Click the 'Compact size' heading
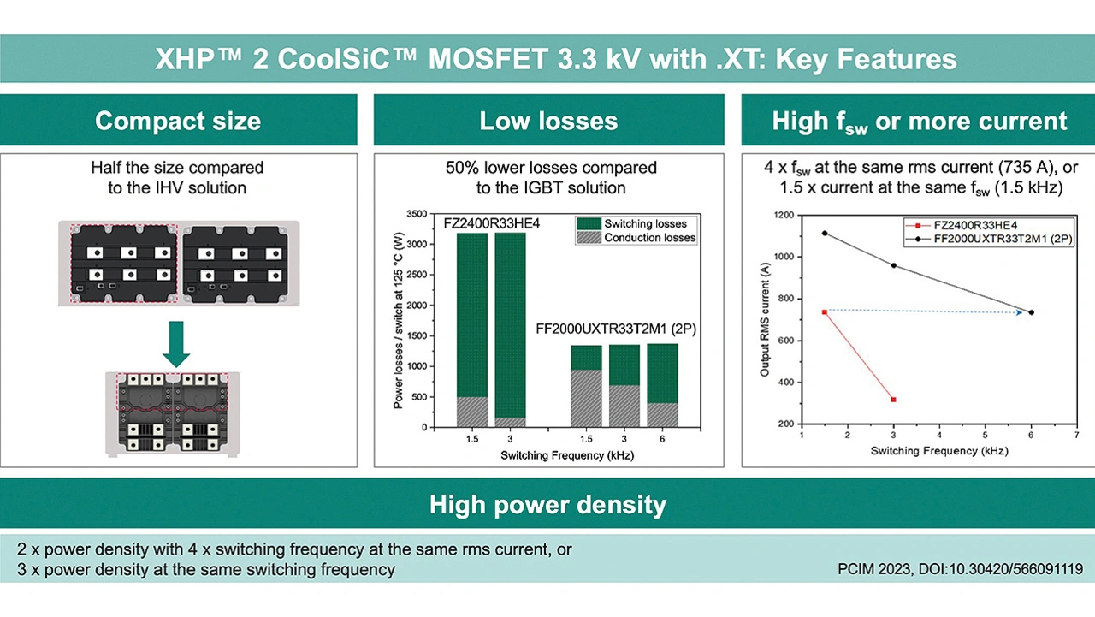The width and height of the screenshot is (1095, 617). point(178,121)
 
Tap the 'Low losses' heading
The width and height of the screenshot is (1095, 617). point(548,121)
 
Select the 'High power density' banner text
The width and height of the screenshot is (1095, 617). point(548,505)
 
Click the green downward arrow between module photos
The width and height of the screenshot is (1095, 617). point(176,344)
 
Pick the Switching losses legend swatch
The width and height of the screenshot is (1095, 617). point(589,223)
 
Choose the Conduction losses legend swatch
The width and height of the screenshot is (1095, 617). point(589,238)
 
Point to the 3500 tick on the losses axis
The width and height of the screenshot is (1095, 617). point(417,214)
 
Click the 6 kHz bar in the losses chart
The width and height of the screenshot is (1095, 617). point(662,385)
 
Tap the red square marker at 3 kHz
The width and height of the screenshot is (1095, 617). point(894,400)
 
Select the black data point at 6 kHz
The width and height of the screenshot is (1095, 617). point(1032,312)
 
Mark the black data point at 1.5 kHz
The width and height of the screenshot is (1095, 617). point(825,234)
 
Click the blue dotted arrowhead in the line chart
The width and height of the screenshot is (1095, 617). point(1019,312)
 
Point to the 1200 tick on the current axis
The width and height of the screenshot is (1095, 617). point(784,215)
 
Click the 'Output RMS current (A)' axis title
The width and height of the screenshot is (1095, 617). point(765,320)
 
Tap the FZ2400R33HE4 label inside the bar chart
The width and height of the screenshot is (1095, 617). point(492,223)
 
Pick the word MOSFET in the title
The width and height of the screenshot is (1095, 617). point(488,59)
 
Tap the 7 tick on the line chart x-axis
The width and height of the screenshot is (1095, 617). point(1076,435)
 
